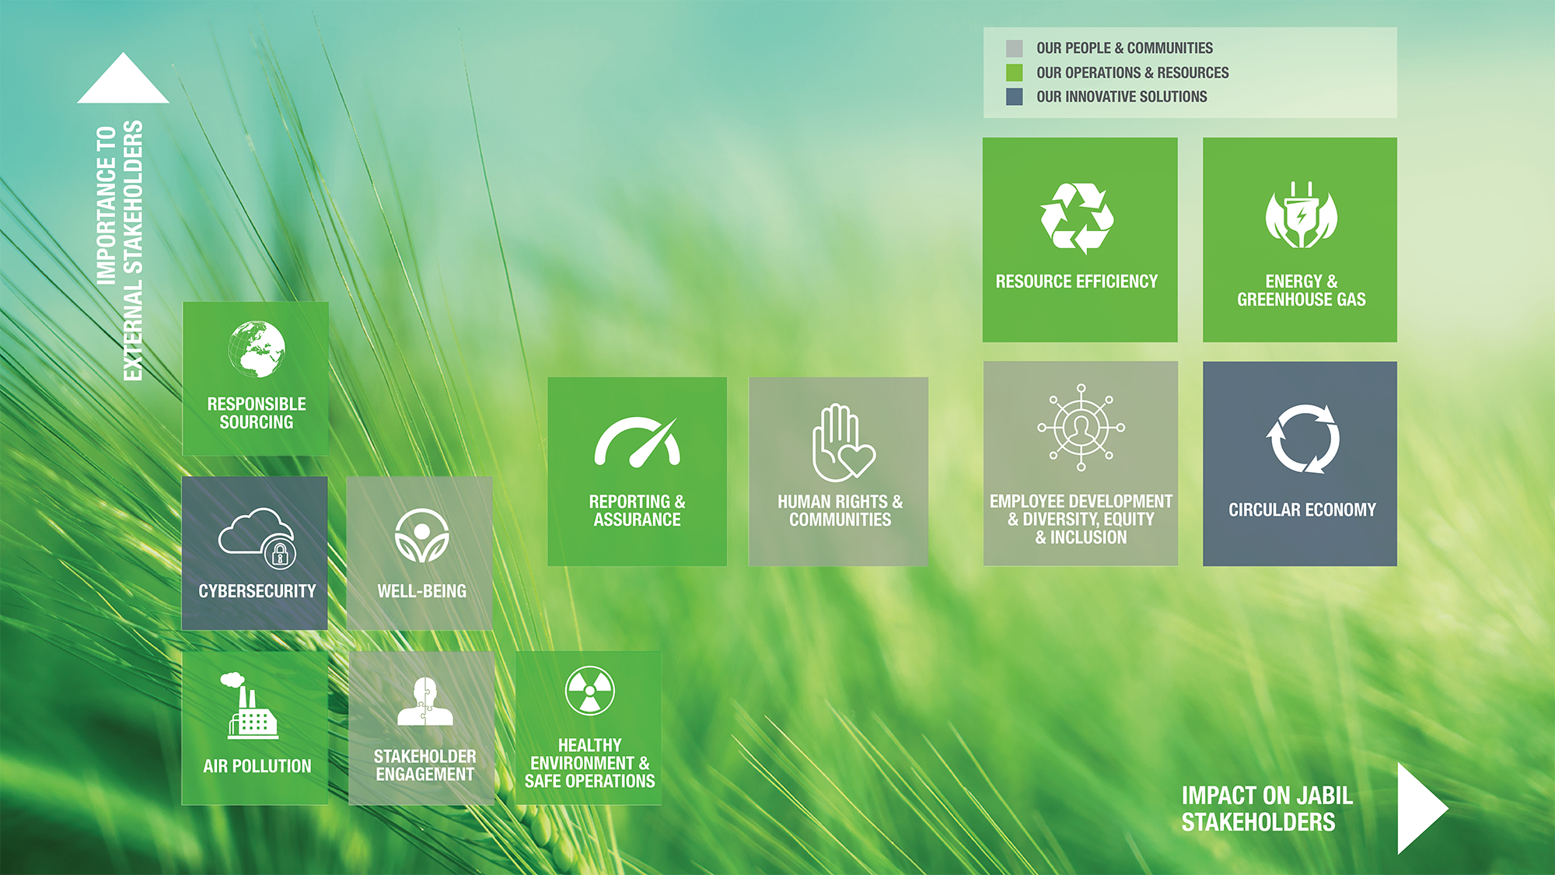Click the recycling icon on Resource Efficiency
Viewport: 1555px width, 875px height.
1077,219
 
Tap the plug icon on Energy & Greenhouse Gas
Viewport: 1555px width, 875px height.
1301,215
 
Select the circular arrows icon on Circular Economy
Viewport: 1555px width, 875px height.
1302,439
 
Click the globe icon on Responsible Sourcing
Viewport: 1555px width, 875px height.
257,349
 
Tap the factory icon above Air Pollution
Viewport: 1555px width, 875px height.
250,705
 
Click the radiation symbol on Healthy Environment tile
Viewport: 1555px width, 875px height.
590,690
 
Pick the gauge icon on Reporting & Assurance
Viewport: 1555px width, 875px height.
638,443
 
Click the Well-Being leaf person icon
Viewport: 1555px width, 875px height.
421,536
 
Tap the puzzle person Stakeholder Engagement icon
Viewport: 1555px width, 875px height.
425,701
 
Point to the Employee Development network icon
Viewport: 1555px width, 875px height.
1081,427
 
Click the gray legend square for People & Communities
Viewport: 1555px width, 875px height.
1014,48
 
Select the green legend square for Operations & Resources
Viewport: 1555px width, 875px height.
1014,72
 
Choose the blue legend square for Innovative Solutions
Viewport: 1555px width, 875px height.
1014,96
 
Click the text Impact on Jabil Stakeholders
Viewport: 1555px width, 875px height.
1267,809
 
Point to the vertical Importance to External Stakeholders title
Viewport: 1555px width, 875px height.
120,250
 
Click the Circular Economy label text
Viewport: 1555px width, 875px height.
1302,510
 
